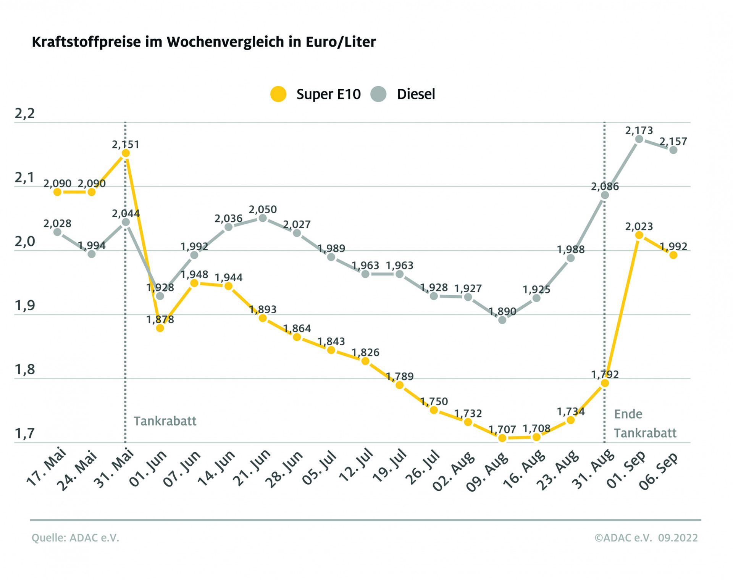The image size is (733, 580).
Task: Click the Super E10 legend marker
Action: [x=278, y=94]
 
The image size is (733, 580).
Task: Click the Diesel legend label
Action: [x=416, y=94]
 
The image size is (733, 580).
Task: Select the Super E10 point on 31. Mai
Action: [x=126, y=153]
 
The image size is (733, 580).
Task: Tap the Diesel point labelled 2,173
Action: [x=639, y=139]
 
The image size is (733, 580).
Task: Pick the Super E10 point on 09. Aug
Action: [x=502, y=438]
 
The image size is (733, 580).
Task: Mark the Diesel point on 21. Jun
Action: [x=263, y=218]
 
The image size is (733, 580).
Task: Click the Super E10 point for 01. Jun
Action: [x=160, y=328]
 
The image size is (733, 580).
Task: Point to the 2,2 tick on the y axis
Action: [x=25, y=114]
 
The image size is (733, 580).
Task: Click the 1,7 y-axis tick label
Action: [x=25, y=434]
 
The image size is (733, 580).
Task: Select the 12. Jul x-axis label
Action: [x=355, y=465]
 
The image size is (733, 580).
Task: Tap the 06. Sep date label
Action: [x=659, y=470]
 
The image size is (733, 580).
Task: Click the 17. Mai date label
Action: [x=46, y=467]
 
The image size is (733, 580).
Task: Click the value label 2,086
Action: [x=605, y=187]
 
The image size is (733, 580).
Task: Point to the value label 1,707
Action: [x=502, y=430]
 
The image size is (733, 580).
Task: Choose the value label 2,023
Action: [x=639, y=227]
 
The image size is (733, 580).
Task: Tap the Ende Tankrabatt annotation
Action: [x=644, y=424]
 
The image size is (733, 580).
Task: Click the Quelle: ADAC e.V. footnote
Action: [x=75, y=538]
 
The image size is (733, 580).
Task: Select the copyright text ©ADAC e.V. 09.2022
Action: [x=646, y=538]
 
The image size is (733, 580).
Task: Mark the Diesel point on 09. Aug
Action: [x=502, y=320]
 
